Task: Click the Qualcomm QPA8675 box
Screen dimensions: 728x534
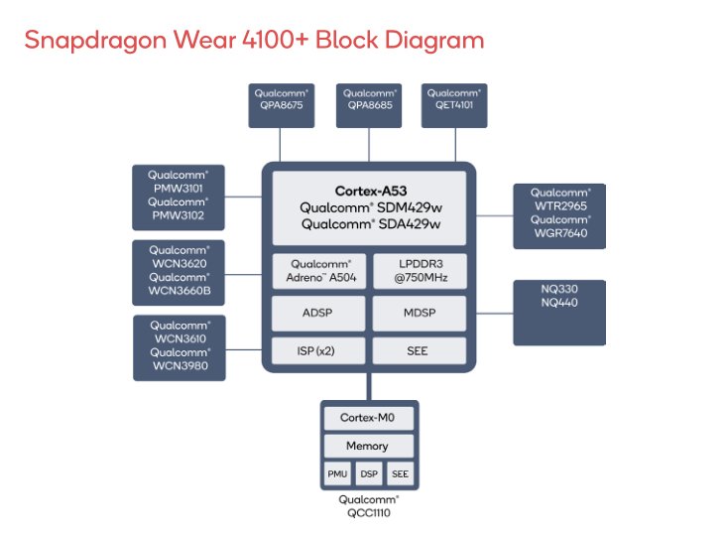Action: tap(282, 105)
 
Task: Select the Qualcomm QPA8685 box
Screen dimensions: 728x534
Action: tap(369, 105)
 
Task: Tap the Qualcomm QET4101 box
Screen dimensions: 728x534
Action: tap(454, 105)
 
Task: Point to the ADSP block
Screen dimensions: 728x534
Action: tap(318, 314)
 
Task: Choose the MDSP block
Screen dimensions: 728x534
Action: tap(420, 314)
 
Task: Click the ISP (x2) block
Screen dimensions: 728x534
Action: tap(318, 351)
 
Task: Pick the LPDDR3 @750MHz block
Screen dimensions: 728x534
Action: tap(420, 271)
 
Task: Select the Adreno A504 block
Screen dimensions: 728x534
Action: tap(319, 271)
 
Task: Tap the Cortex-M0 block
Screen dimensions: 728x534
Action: tap(369, 418)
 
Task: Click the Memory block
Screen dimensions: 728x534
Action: tap(369, 447)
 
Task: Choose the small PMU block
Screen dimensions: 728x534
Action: tap(337, 474)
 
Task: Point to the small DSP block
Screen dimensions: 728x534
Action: tap(369, 474)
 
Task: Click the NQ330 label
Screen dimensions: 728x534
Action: tap(559, 289)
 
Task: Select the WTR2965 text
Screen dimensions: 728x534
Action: tap(560, 206)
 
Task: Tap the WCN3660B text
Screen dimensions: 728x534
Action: tap(180, 291)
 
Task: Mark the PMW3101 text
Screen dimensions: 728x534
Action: tap(179, 189)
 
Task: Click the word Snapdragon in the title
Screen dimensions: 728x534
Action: tap(95, 41)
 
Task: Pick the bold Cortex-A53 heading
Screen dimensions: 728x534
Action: tap(371, 191)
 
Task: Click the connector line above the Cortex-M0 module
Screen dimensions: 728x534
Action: tap(369, 386)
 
